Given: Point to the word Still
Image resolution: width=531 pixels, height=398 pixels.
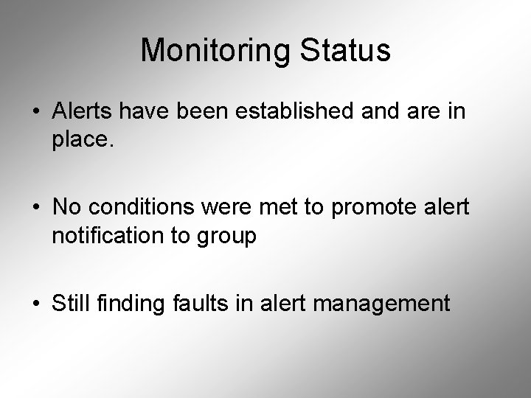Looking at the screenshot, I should [x=72, y=303].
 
